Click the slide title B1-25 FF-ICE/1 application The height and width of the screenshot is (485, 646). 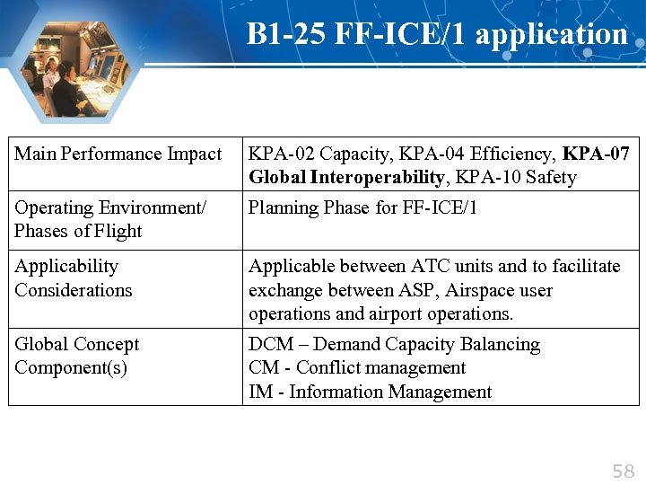[x=437, y=34]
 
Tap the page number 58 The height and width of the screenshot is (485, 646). [x=623, y=472]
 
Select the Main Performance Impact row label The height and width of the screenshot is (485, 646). [x=118, y=154]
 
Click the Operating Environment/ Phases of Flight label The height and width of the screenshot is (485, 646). [x=109, y=219]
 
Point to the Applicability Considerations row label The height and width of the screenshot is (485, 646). [x=73, y=278]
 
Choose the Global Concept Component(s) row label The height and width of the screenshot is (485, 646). [x=76, y=357]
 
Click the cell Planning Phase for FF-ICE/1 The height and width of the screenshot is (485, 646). [x=363, y=208]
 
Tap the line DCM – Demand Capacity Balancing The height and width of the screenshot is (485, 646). [x=394, y=345]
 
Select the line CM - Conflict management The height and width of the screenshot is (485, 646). [x=357, y=368]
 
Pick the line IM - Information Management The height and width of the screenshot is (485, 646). [x=370, y=392]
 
